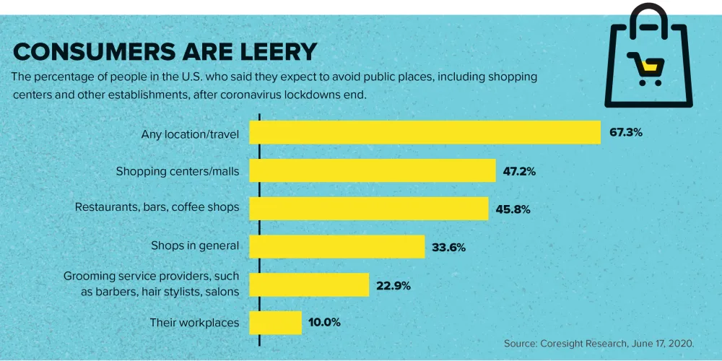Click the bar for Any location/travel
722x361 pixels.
coord(425,133)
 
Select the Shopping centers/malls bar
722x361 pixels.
coord(373,171)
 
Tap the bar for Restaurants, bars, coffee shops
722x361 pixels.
coord(369,209)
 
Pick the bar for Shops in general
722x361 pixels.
coord(336,246)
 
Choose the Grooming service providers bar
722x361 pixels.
coord(309,284)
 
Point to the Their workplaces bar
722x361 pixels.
coord(275,323)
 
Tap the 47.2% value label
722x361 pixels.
coord(520,172)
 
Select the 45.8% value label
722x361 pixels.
coord(513,209)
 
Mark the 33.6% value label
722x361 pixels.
coord(448,247)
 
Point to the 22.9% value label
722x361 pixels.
coord(393,285)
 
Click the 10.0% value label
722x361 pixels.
coord(326,323)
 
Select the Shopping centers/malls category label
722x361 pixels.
coord(178,171)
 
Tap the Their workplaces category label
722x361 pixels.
coord(194,323)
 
